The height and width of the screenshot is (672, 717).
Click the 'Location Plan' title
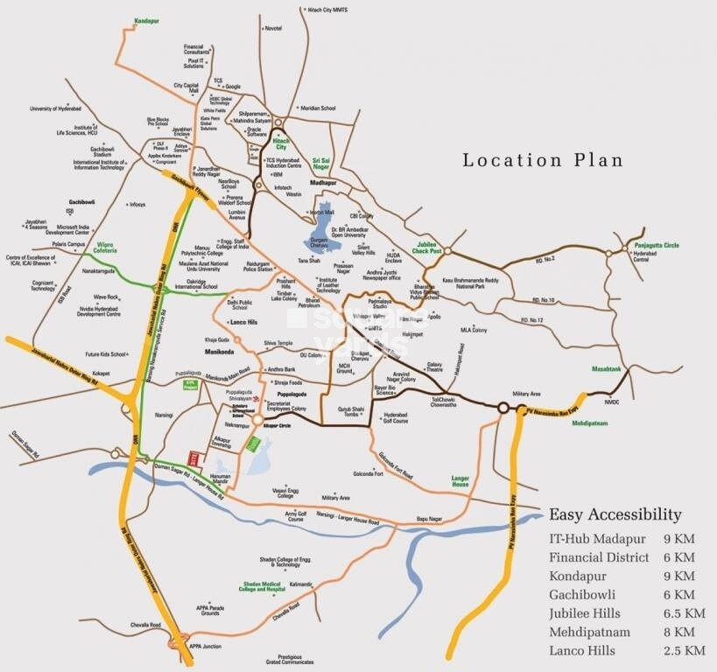pyautogui.click(x=542, y=160)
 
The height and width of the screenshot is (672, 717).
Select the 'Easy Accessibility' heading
pyautogui.click(x=614, y=514)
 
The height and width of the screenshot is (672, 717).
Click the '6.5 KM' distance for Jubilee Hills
pyautogui.click(x=684, y=612)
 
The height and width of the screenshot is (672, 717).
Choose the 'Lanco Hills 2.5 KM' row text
pyautogui.click(x=626, y=650)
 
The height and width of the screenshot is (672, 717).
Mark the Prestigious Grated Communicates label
pyautogui.click(x=294, y=658)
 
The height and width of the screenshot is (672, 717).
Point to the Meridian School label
pyautogui.click(x=318, y=108)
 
